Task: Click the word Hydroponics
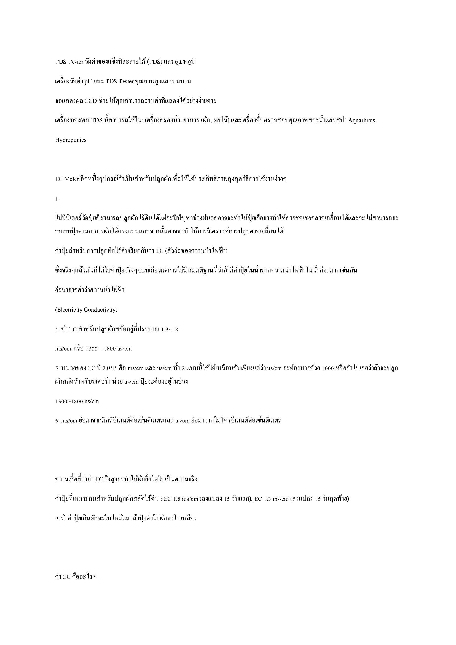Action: click(71, 140)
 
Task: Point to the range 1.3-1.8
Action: click(169, 329)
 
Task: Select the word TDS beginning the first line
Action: click(61, 62)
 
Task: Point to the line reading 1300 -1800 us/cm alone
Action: click(77, 401)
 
